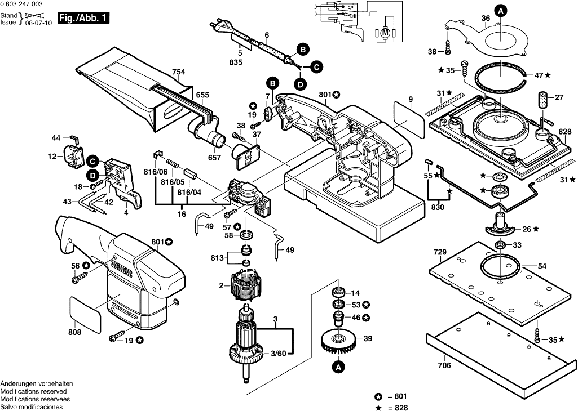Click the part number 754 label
pyautogui.click(x=178, y=72)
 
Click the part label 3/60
pyautogui.click(x=279, y=353)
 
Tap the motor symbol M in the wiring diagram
pyautogui.click(x=386, y=32)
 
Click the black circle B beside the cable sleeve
pyautogui.click(x=302, y=50)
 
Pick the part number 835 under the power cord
pyautogui.click(x=236, y=62)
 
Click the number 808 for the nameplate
pyautogui.click(x=74, y=332)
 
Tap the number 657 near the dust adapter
pyautogui.click(x=214, y=158)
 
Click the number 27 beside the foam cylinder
pyautogui.click(x=559, y=97)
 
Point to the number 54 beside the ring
pyautogui.click(x=542, y=266)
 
